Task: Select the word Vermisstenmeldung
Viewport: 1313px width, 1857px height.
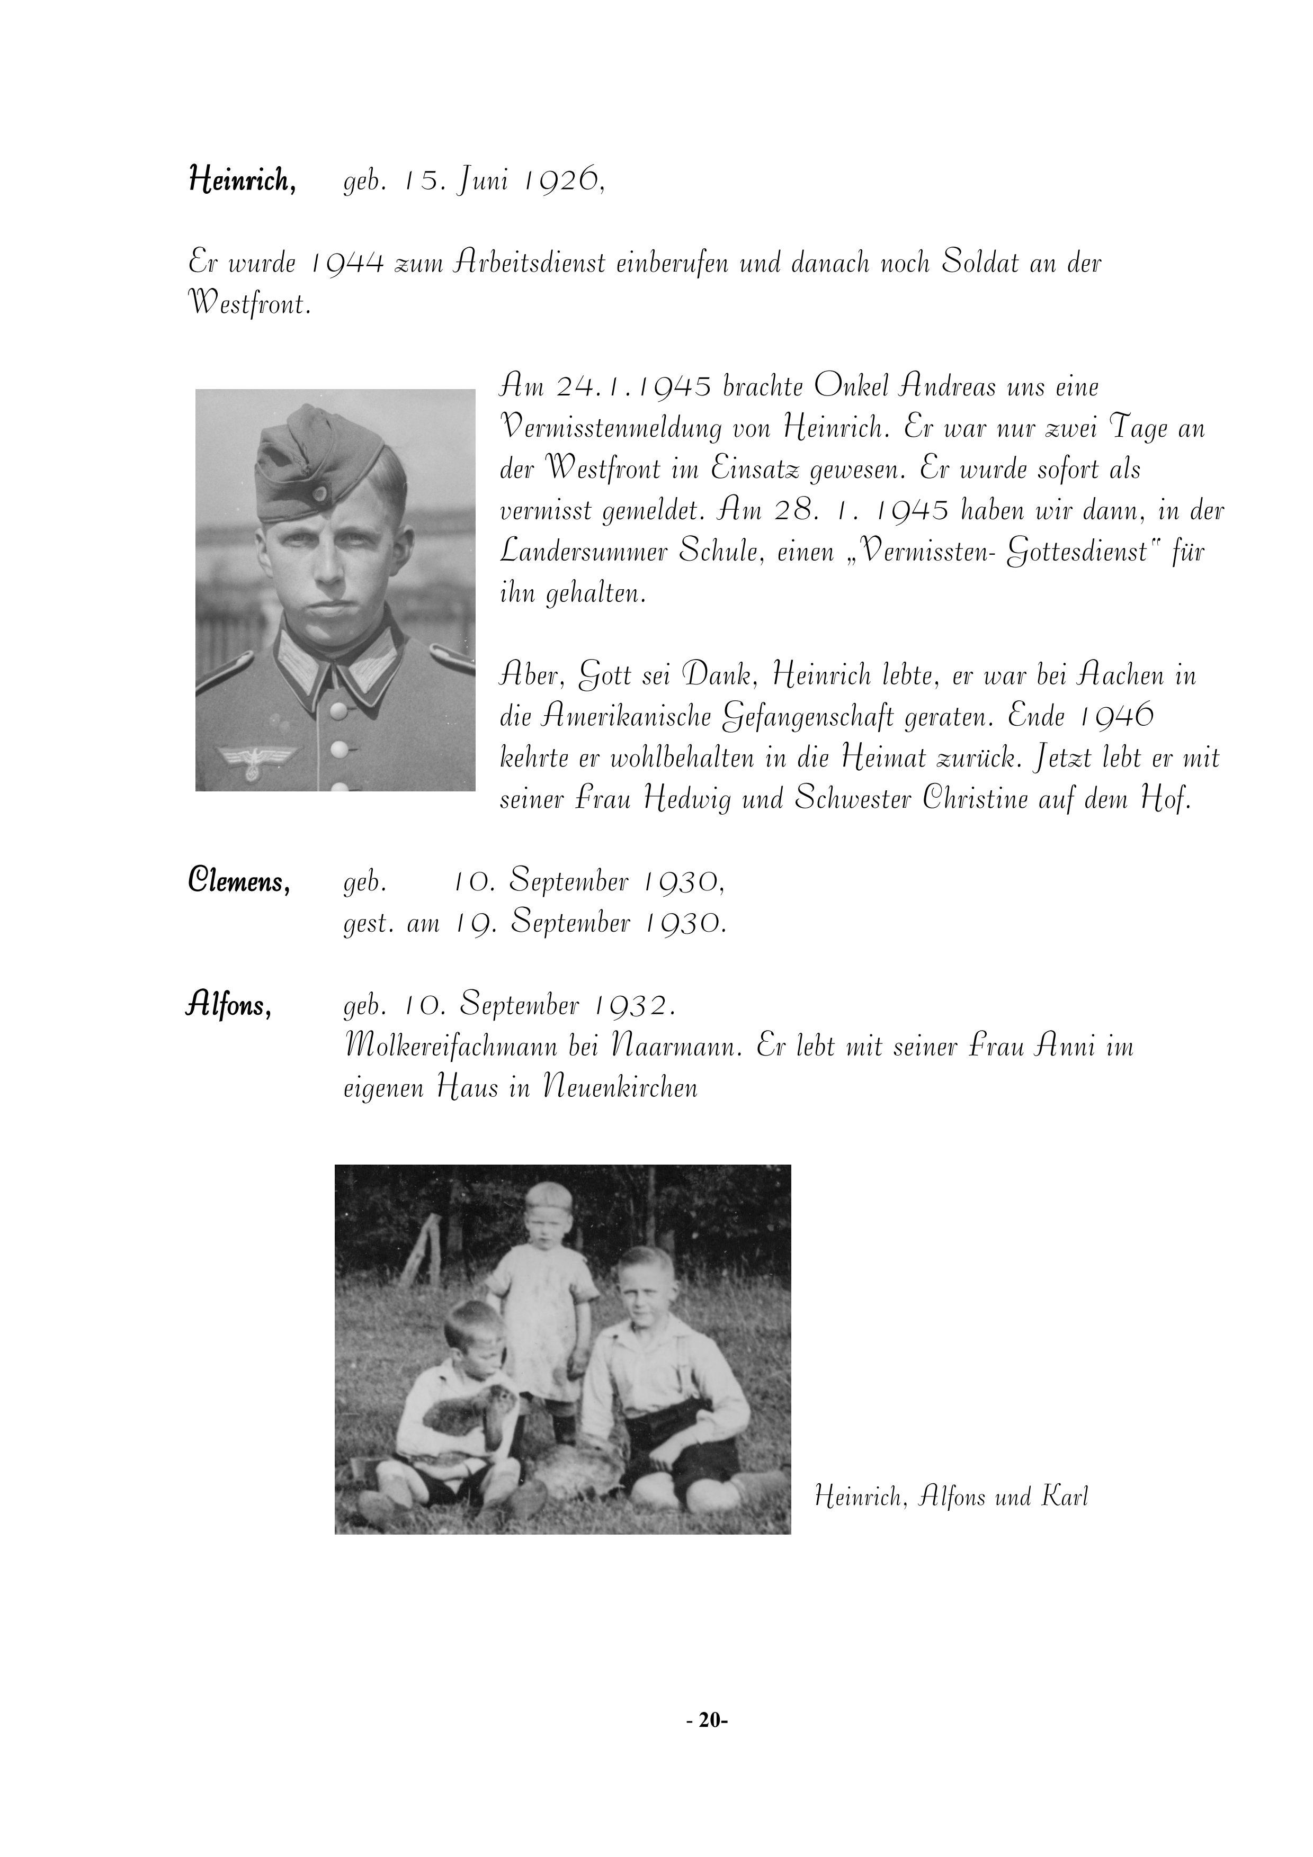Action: click(x=612, y=428)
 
